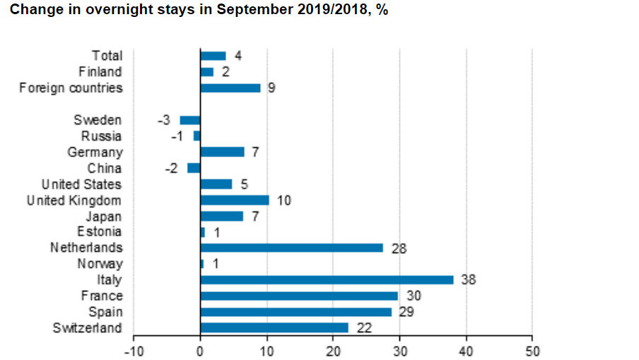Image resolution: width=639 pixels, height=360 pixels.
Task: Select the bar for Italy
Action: click(x=327, y=280)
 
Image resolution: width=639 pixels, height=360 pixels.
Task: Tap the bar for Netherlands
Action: click(x=291, y=248)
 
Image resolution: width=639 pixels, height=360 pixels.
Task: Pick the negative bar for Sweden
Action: click(x=190, y=120)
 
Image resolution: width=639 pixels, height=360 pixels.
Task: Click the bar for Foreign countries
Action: click(x=230, y=88)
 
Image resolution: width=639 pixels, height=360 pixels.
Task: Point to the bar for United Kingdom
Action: click(x=235, y=200)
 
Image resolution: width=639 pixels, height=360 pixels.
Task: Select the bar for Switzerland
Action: click(x=274, y=327)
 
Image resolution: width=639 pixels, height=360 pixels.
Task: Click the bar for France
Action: click(x=299, y=296)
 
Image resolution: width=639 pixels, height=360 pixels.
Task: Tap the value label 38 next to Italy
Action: click(x=468, y=280)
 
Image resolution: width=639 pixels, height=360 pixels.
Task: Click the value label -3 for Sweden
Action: click(x=163, y=120)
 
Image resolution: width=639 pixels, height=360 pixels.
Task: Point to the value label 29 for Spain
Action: click(x=406, y=312)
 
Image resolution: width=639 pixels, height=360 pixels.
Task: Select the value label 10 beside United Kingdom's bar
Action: click(x=284, y=200)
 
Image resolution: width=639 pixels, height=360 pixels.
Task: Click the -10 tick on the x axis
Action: click(x=134, y=350)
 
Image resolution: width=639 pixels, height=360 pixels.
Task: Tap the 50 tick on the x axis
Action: click(x=532, y=350)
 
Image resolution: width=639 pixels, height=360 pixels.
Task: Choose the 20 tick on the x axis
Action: click(x=333, y=350)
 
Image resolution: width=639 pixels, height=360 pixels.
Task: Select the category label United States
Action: click(x=81, y=185)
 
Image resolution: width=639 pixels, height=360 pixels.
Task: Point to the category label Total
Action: click(x=107, y=56)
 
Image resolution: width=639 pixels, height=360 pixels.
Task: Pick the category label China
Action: click(x=105, y=168)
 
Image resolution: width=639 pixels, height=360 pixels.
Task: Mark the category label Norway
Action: click(x=100, y=264)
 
